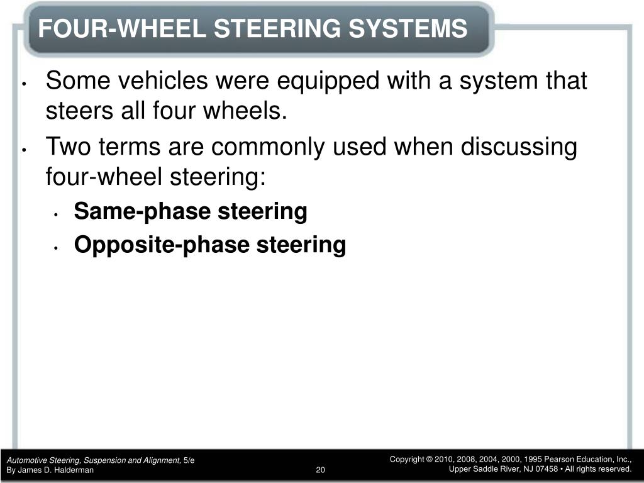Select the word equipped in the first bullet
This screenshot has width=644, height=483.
[328, 81]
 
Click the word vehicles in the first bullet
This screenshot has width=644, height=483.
[163, 80]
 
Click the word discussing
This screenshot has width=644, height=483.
[519, 147]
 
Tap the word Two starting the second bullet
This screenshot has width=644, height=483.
[68, 147]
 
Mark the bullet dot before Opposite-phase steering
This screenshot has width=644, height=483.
[56, 248]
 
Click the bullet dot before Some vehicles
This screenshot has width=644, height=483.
[25, 84]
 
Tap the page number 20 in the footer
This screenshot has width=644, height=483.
[320, 470]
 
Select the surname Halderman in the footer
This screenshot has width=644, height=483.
[75, 470]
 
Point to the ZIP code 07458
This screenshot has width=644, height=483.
[547, 469]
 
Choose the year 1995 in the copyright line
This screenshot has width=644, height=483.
[533, 459]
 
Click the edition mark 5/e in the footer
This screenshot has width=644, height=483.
[189, 460]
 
